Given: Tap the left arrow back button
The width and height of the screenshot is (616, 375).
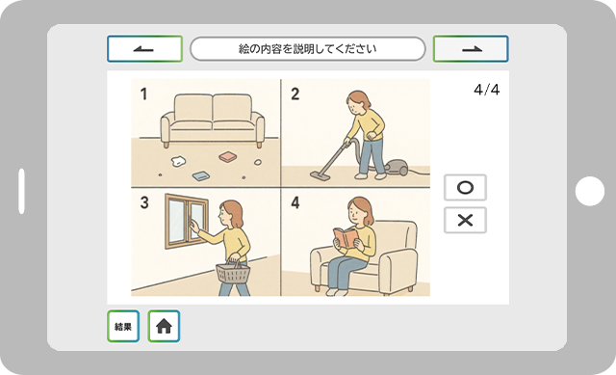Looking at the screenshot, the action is click(144, 49).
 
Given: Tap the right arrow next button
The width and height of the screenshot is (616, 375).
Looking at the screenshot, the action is click(471, 49).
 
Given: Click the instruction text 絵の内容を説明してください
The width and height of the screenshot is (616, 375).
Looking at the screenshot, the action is click(308, 49).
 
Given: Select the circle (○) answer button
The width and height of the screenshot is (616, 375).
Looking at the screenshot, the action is click(465, 187).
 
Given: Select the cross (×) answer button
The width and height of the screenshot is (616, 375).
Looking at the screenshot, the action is click(465, 220).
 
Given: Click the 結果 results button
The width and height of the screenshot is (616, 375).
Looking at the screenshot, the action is click(123, 326).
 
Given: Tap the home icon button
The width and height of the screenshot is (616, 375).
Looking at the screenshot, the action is click(164, 326).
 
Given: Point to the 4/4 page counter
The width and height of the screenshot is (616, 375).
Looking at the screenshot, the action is click(487, 90).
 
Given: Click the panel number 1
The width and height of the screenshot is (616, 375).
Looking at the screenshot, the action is click(143, 94).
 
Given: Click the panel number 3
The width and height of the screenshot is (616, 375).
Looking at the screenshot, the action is click(144, 202).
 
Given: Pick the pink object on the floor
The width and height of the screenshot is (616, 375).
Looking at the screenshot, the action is click(227, 156).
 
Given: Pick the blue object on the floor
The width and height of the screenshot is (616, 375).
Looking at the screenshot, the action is click(201, 175).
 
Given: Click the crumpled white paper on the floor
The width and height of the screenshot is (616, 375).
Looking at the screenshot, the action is click(178, 161).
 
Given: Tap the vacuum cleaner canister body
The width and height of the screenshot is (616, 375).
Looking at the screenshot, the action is click(396, 167).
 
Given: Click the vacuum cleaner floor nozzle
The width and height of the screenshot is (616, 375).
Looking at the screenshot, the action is click(321, 175).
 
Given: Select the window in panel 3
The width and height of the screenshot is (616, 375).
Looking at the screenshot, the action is click(187, 222).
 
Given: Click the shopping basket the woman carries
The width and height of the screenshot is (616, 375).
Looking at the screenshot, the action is click(233, 272).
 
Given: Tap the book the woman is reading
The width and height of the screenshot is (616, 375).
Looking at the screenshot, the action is click(346, 238).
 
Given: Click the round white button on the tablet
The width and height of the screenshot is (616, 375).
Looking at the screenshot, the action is click(590, 191).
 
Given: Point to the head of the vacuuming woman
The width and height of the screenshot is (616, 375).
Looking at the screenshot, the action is click(358, 103).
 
